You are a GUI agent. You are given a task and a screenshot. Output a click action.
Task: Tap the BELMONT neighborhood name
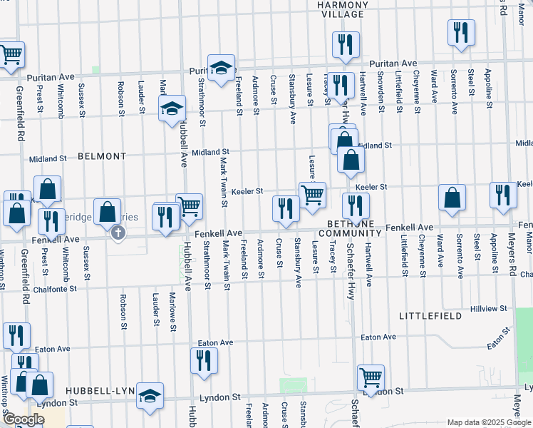102,156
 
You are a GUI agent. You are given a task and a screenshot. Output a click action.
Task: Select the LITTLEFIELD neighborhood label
425,315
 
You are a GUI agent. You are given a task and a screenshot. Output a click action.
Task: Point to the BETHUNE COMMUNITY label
351,228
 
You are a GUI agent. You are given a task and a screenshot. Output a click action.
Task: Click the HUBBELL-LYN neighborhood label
100,392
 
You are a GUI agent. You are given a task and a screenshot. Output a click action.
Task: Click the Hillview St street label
489,309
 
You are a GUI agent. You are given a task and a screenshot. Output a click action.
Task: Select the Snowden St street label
381,93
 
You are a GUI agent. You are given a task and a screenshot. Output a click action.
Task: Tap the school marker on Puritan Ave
221,67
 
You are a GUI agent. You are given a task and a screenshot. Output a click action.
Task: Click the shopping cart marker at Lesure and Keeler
312,195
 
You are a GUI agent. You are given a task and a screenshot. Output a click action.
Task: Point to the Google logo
23,419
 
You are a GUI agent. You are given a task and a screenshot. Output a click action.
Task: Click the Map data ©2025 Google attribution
488,422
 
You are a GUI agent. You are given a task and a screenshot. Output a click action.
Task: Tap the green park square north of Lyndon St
293,385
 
